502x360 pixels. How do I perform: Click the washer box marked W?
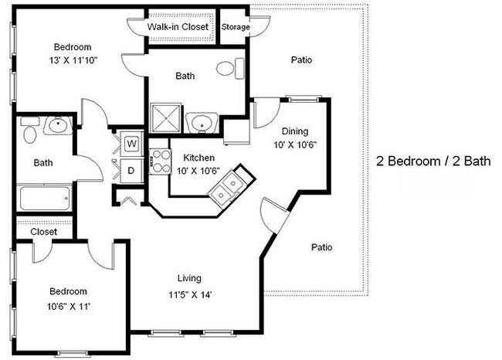pyautogui.click(x=131, y=143)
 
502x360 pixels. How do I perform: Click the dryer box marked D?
pyautogui.click(x=131, y=169)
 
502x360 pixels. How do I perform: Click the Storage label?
pyautogui.click(x=236, y=27)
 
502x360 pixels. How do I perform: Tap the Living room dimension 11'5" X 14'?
pyautogui.click(x=188, y=294)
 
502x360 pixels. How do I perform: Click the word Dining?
pyautogui.click(x=295, y=131)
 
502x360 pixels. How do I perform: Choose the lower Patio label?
pyautogui.click(x=322, y=247)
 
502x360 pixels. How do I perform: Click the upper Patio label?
pyautogui.click(x=301, y=59)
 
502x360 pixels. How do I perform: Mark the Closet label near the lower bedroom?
pyautogui.click(x=43, y=231)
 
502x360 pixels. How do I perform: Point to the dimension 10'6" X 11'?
pyautogui.click(x=68, y=306)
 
